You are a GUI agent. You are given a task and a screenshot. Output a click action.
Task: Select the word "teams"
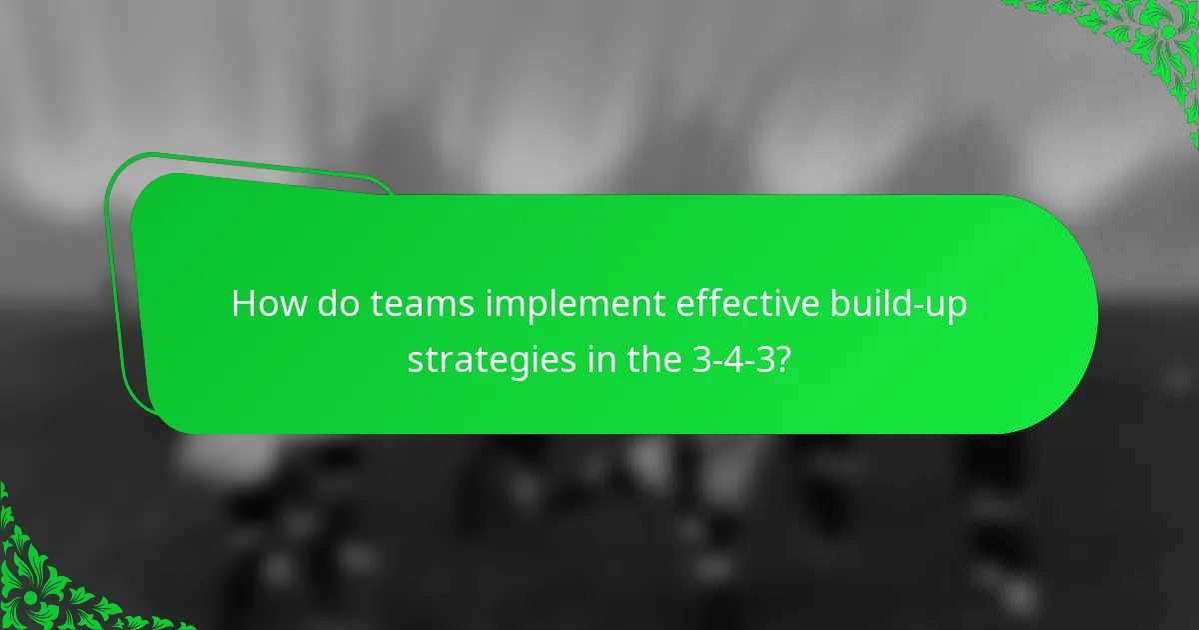(423, 304)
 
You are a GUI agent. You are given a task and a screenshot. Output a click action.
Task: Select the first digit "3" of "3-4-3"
(700, 359)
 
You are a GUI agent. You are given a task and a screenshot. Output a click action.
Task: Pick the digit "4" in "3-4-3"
(734, 359)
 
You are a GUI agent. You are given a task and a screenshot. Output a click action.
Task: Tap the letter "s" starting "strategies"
(415, 361)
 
